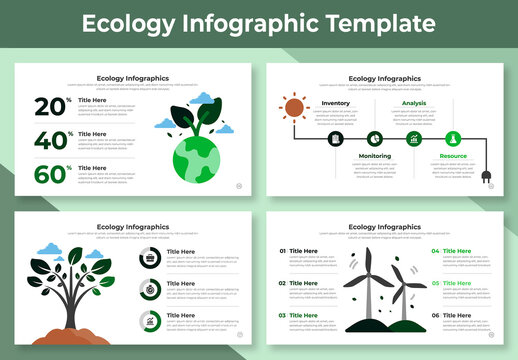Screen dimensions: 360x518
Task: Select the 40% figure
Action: tap(52, 141)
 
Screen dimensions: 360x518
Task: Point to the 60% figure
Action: tap(52, 174)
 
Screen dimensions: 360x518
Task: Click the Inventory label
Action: tap(335, 103)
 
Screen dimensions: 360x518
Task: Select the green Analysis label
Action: tap(413, 103)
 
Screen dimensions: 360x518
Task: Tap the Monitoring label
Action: tap(374, 156)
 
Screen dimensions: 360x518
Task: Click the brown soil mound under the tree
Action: tap(72, 326)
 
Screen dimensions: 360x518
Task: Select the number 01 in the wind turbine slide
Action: tap(282, 251)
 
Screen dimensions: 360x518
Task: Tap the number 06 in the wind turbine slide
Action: tap(435, 316)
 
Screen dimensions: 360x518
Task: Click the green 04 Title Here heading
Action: tap(457, 251)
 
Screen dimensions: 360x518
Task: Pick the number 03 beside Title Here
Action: tap(282, 316)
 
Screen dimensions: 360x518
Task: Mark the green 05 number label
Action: tap(435, 283)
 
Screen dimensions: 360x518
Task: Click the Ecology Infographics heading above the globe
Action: tap(132, 78)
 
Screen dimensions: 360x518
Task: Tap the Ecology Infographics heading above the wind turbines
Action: tap(384, 227)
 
